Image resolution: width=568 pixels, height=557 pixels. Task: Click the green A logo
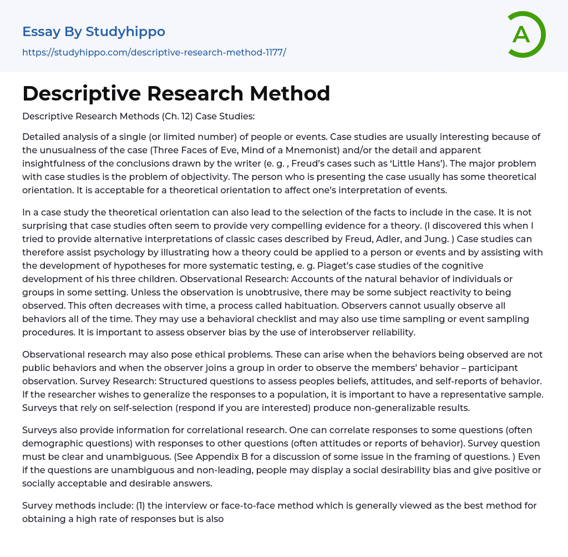(x=526, y=34)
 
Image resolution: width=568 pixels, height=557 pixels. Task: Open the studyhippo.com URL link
(x=154, y=52)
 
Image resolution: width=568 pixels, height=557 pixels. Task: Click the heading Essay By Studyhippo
(x=94, y=32)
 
